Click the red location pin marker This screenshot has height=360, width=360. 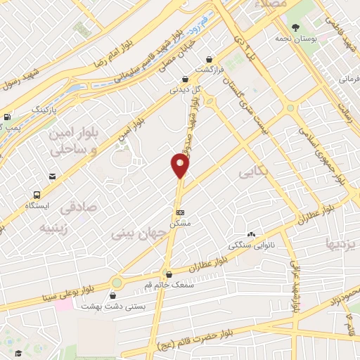click(x=181, y=166)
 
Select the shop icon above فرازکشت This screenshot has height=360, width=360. click(x=208, y=60)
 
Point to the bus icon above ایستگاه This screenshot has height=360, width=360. click(x=36, y=195)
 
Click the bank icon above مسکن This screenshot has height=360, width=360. click(x=181, y=211)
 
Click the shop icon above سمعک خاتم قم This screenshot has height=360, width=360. click(x=167, y=274)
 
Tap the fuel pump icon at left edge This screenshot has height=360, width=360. click(x=7, y=117)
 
